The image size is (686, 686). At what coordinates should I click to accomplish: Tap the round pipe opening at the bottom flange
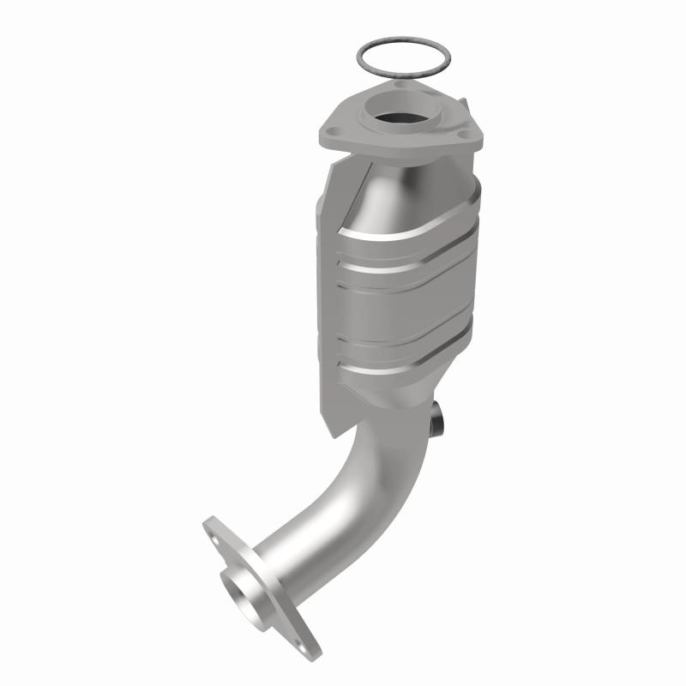243,591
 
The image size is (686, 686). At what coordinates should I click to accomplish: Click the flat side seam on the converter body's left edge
324,283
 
